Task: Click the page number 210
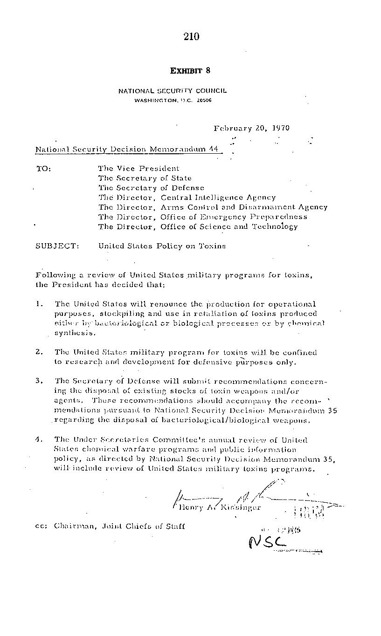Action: (191, 37)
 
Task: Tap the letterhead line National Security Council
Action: (172, 91)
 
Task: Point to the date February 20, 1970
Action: (251, 128)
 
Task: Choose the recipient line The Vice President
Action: (139, 168)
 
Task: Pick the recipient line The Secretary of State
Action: (145, 178)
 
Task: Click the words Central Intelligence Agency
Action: (218, 198)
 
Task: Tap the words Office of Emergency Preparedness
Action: (234, 217)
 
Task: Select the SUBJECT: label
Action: (57, 246)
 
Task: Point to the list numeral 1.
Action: (39, 304)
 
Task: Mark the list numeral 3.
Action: (39, 381)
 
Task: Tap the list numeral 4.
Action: (39, 439)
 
